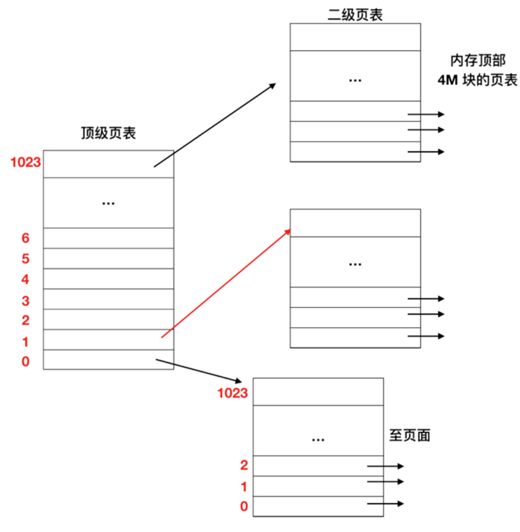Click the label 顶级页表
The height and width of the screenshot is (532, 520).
point(108,133)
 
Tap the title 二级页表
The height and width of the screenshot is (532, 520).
point(355,14)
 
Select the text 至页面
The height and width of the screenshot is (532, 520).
point(410,435)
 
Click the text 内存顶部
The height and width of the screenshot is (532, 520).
point(473,61)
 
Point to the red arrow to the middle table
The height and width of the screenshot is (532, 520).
point(225,283)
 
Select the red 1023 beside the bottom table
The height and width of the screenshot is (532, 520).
point(233,392)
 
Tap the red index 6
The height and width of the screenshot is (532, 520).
point(25,238)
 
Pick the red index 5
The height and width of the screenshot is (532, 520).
point(25,259)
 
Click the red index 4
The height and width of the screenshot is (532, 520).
point(25,279)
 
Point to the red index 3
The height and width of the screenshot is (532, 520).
point(25,300)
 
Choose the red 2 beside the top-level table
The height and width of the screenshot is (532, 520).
point(25,320)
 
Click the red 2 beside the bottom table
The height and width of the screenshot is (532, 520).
point(244,465)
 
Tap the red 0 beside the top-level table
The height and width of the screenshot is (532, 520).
point(25,362)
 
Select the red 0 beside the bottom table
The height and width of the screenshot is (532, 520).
point(244,507)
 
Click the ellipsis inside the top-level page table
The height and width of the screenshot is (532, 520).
point(109,202)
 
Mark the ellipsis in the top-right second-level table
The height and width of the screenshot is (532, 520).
point(355,78)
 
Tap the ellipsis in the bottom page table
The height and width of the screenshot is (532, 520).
point(318,439)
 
